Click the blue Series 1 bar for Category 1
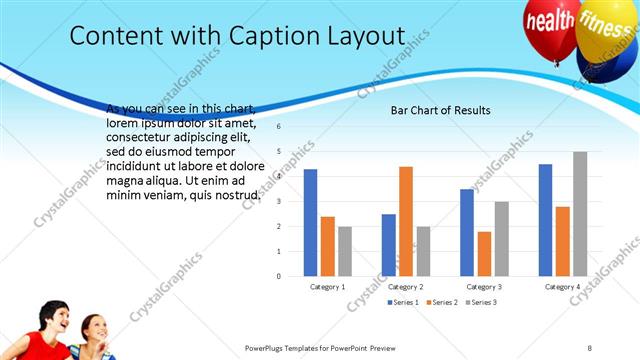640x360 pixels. (x=310, y=222)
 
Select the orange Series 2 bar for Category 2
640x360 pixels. (x=406, y=220)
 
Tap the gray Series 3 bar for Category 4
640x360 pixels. (x=580, y=213)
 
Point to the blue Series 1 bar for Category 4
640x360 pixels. (x=545, y=219)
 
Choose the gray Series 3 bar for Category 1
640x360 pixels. (x=345, y=250)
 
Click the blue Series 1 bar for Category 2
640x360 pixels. (x=388, y=244)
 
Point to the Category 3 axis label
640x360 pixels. (x=484, y=286)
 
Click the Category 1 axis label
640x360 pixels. (x=327, y=286)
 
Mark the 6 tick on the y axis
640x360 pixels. (x=279, y=127)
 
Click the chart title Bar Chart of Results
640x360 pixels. (x=440, y=110)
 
